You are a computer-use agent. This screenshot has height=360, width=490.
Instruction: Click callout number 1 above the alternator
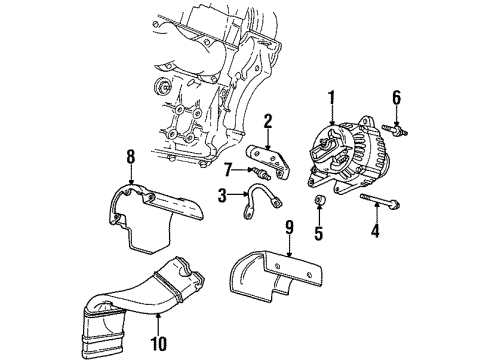pyautogui.click(x=331, y=98)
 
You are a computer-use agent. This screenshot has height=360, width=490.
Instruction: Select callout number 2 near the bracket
pyautogui.click(x=267, y=122)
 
